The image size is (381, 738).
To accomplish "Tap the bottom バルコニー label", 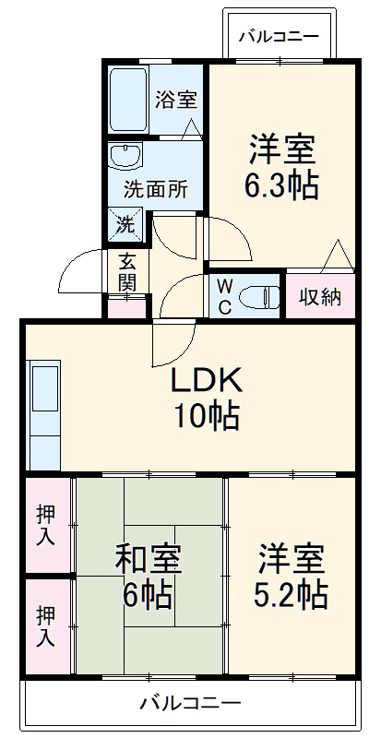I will click(x=190, y=703).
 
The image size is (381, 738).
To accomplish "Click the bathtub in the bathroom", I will click(x=127, y=100).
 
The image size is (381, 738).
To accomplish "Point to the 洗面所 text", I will click(x=156, y=191).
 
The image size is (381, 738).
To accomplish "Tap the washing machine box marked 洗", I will click(x=125, y=222).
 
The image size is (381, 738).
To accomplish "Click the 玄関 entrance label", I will click(x=126, y=271).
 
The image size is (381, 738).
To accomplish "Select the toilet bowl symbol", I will click(x=258, y=297).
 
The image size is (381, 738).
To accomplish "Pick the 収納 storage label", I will click(x=320, y=297).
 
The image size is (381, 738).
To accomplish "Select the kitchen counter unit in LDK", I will click(x=44, y=416).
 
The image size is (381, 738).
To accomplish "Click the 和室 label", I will click(x=148, y=559).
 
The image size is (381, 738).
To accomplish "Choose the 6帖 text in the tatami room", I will click(x=148, y=596).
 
